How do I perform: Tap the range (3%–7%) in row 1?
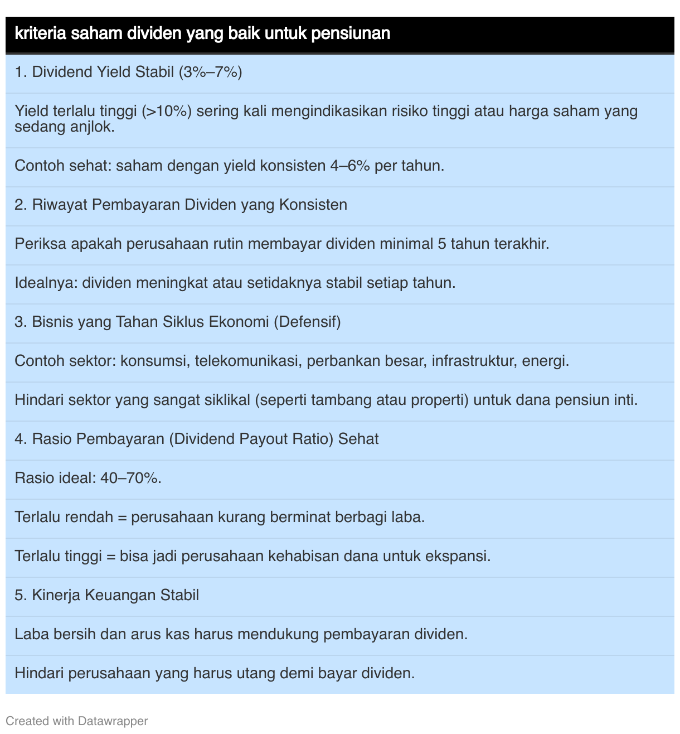coord(210,72)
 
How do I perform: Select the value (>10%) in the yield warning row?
coord(167,111)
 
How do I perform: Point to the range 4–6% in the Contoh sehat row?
coord(350,166)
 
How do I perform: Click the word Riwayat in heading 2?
coord(60,205)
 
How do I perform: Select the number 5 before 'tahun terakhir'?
coord(442,244)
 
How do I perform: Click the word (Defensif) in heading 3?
coord(307,322)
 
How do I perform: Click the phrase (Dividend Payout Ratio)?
coord(251,439)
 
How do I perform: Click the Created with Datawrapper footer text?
coord(77,721)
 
